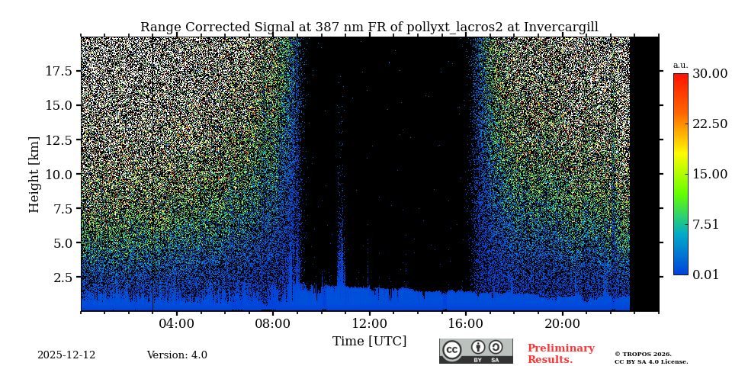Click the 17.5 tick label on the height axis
59,71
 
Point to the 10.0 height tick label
59,174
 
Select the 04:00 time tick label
177,323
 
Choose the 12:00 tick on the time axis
370,323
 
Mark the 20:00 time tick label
563,323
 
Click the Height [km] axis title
34,174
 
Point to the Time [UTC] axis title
370,341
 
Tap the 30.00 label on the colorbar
709,74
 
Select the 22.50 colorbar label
709,124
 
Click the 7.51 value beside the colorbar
705,224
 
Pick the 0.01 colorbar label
705,274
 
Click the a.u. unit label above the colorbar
680,65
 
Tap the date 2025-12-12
66,355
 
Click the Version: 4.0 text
177,355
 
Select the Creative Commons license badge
476,351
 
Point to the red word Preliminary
560,348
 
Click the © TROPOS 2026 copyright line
643,354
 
